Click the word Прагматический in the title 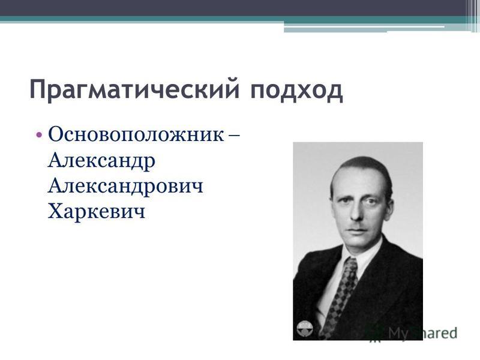click(134, 89)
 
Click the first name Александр click(101, 161)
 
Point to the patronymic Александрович click(125, 186)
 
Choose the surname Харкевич click(97, 211)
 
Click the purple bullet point click(38, 134)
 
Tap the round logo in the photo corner click(305, 328)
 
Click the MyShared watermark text click(422, 333)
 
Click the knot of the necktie click(349, 265)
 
